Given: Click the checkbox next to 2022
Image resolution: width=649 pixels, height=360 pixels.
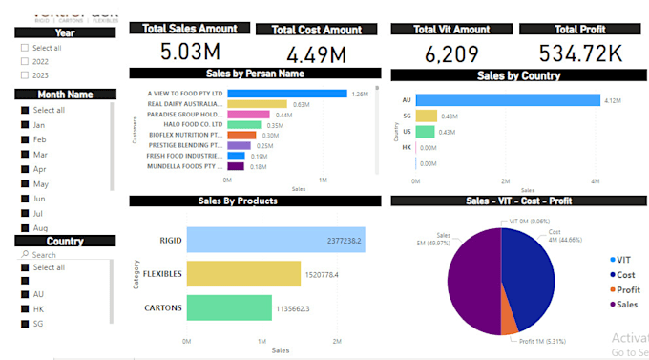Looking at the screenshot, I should pyautogui.click(x=24, y=61).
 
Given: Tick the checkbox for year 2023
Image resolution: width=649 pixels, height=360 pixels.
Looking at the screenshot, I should pyautogui.click(x=24, y=74).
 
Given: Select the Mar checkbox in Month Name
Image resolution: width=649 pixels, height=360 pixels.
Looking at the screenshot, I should pyautogui.click(x=24, y=154).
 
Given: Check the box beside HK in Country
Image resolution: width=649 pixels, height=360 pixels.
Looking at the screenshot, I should pyautogui.click(x=24, y=309).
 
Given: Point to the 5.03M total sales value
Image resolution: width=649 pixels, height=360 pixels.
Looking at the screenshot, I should pyautogui.click(x=189, y=52).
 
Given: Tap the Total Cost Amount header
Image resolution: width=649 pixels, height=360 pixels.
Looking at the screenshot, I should pyautogui.click(x=316, y=30).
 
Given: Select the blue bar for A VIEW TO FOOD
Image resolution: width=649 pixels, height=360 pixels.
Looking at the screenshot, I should pyautogui.click(x=286, y=94).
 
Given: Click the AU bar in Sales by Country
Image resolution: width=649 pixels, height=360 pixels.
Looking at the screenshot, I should pyautogui.click(x=507, y=99).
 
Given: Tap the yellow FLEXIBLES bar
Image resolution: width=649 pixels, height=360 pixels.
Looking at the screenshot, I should pyautogui.click(x=242, y=274).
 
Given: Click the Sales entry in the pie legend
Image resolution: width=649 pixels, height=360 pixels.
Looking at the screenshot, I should pyautogui.click(x=626, y=305).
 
